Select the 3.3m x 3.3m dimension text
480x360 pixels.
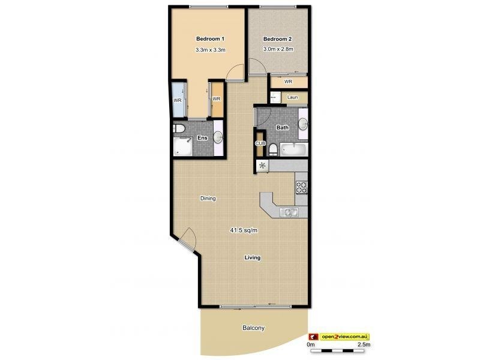coord(210,50)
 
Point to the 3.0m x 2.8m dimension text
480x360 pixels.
coord(278,49)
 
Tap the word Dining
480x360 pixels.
coord(208,199)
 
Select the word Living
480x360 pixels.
coord(253,258)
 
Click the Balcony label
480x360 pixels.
coord(253,328)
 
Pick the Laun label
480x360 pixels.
coord(293,97)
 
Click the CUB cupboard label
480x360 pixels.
coord(260,143)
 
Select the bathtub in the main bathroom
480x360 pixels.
coord(294,149)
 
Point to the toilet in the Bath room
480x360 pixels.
coord(273,149)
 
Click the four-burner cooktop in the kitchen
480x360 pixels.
coord(301,187)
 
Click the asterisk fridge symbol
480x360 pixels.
coord(262,166)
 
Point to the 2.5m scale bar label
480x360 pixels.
coord(364,345)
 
